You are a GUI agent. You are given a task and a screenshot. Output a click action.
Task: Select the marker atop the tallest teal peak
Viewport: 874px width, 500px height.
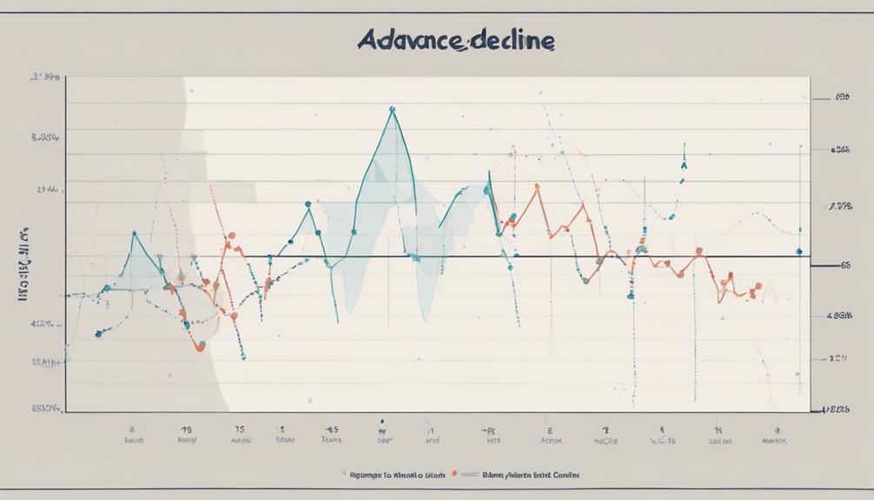click(x=393, y=110)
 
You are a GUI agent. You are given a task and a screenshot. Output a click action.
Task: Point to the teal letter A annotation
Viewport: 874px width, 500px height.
click(x=684, y=163)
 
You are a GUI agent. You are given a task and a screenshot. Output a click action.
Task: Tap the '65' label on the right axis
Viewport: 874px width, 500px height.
click(x=841, y=269)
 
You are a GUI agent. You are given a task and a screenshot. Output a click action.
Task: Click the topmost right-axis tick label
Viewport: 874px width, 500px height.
click(x=841, y=99)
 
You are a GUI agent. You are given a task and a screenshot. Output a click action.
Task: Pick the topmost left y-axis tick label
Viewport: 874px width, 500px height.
click(x=45, y=77)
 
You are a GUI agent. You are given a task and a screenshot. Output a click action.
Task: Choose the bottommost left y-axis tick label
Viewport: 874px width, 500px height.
click(x=45, y=407)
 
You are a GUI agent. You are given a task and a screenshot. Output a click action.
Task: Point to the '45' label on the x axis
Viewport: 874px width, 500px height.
click(x=332, y=429)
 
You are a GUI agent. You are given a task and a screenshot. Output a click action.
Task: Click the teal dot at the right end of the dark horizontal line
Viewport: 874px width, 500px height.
click(x=799, y=253)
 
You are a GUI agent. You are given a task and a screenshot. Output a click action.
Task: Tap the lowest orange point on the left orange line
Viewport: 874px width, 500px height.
click(x=201, y=347)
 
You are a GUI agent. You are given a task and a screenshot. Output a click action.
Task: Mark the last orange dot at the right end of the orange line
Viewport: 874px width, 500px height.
click(x=758, y=285)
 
